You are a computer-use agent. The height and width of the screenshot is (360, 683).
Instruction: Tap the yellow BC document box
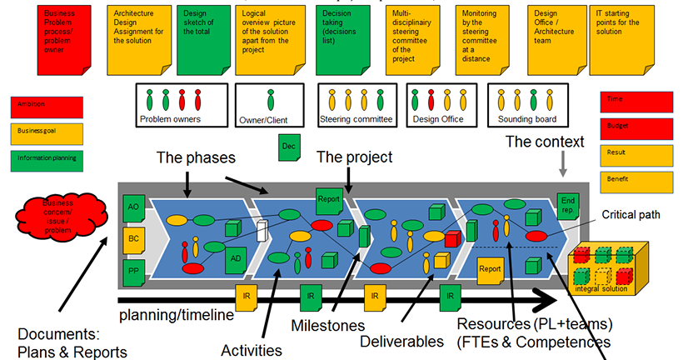132,239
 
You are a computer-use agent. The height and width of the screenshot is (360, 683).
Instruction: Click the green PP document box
132,271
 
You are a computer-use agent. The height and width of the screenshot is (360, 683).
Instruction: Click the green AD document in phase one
237,259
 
